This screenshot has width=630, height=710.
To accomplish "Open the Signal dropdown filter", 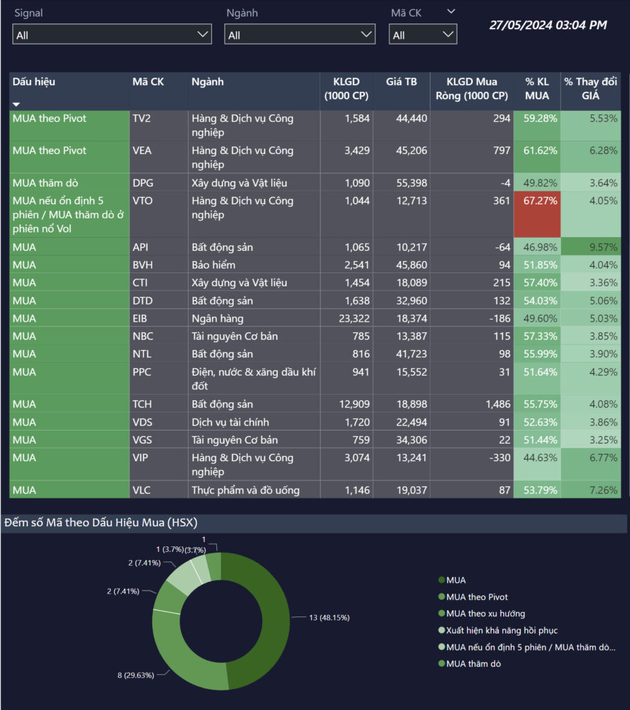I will pos(112,34).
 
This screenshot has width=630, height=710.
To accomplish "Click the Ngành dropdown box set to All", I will pos(299,34).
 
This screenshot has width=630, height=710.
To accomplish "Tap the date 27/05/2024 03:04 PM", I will pos(548,25).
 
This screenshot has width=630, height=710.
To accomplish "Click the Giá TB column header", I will pos(401,82).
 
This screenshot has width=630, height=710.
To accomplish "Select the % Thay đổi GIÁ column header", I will pos(590,89).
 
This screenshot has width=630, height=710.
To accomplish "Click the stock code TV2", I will pos(141,119).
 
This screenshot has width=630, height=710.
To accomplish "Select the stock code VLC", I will pos(142,490).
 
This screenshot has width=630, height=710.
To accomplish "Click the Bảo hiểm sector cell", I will pos(213,265).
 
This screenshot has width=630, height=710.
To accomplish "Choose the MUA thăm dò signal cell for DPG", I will pos(46,183).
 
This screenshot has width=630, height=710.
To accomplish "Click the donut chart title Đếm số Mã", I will pos(101,523).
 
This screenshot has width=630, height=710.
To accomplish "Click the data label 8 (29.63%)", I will pos(134,673).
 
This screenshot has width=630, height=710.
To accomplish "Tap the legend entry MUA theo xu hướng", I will pos(485,614).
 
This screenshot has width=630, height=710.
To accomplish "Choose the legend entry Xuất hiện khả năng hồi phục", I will pos(501,630).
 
